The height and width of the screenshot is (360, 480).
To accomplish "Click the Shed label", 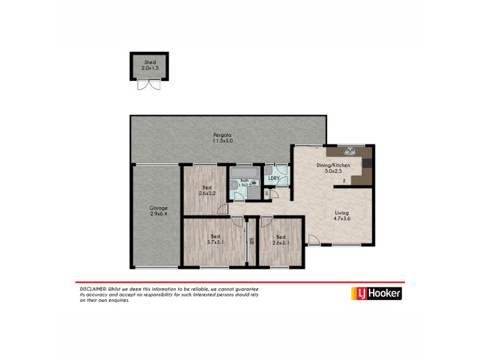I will (149, 62).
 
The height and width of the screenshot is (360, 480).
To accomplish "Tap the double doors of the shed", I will (149, 85).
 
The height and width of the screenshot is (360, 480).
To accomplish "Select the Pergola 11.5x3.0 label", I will (222, 137).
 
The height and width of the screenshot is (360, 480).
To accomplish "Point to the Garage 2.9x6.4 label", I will (158, 211).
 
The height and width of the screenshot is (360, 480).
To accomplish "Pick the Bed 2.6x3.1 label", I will (280, 239).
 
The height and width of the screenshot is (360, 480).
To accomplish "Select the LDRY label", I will (275, 178).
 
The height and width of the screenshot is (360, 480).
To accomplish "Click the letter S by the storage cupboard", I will (266, 193).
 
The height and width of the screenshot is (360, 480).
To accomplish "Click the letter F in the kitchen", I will (344, 181).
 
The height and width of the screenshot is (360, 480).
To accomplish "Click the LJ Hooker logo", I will (376, 293).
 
